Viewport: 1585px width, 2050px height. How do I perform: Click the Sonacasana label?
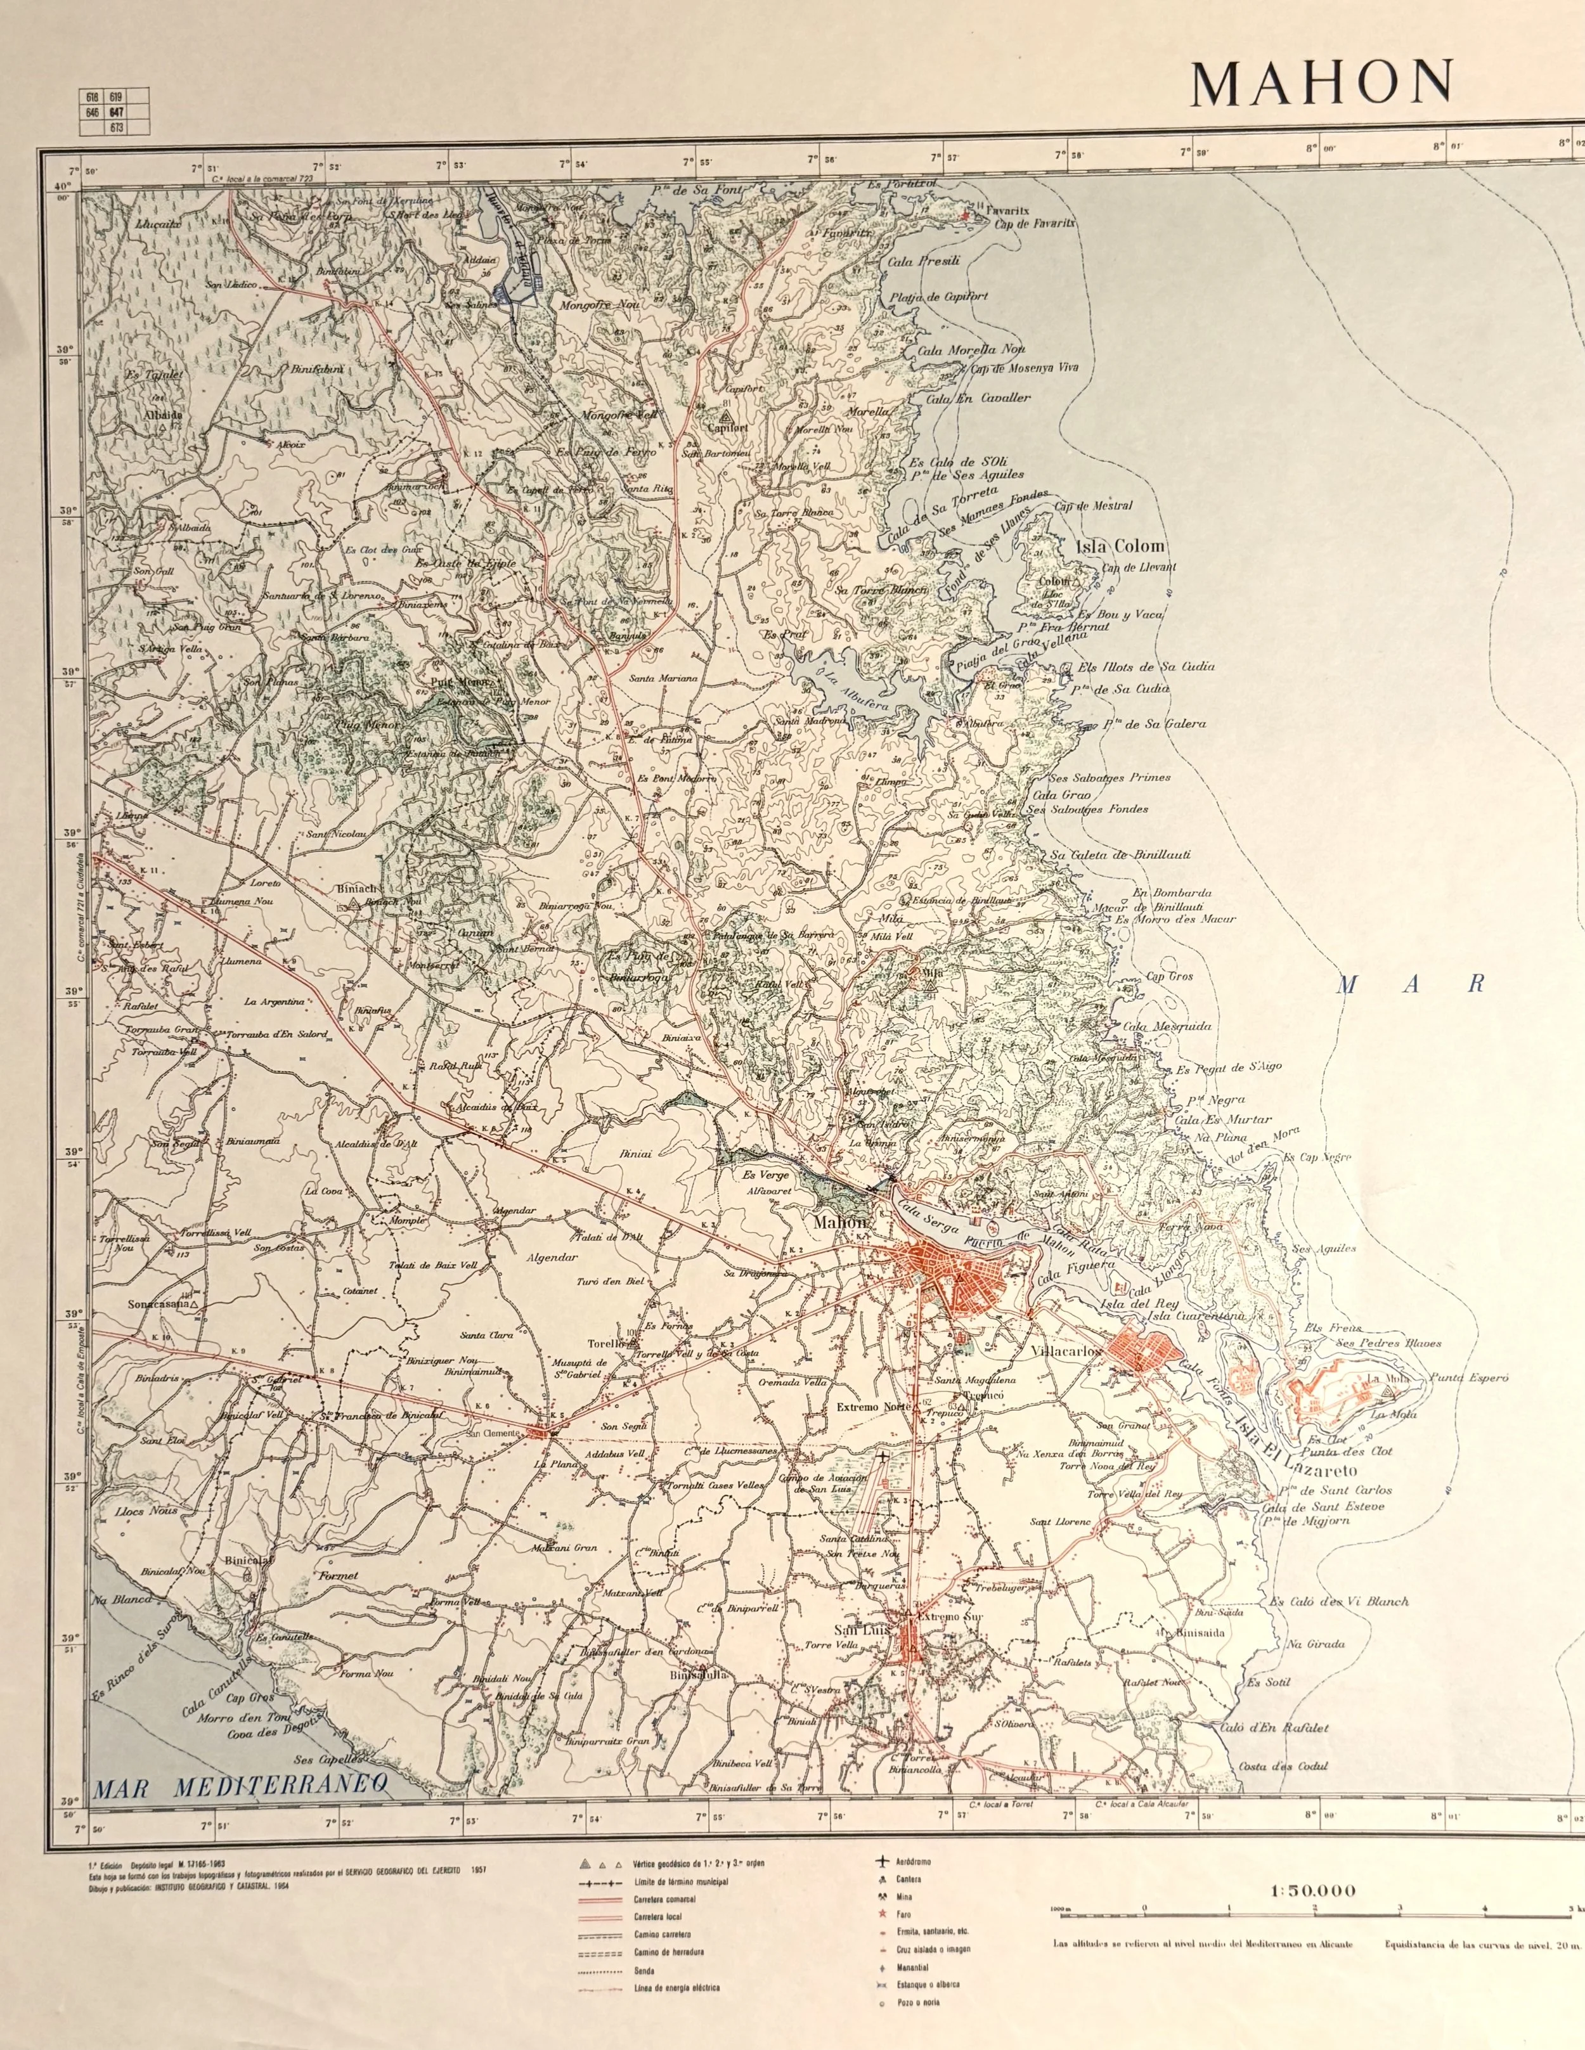pyautogui.click(x=160, y=1305)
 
